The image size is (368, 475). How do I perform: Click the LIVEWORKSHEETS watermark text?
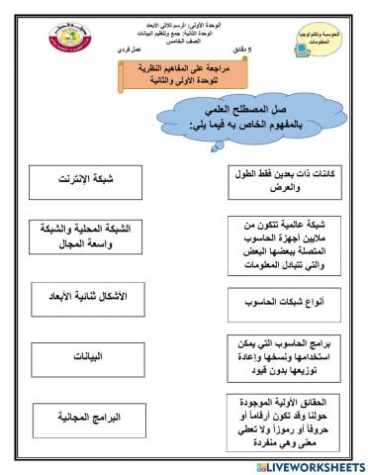[315, 463]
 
